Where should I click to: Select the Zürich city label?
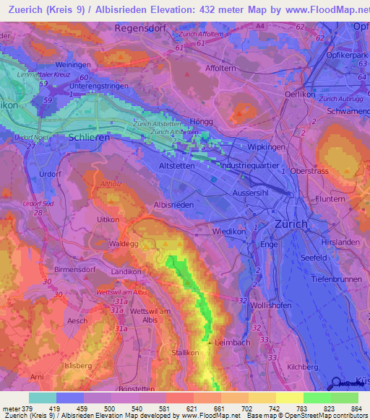coord(291,224)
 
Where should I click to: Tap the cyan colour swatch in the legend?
coord(43,398)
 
